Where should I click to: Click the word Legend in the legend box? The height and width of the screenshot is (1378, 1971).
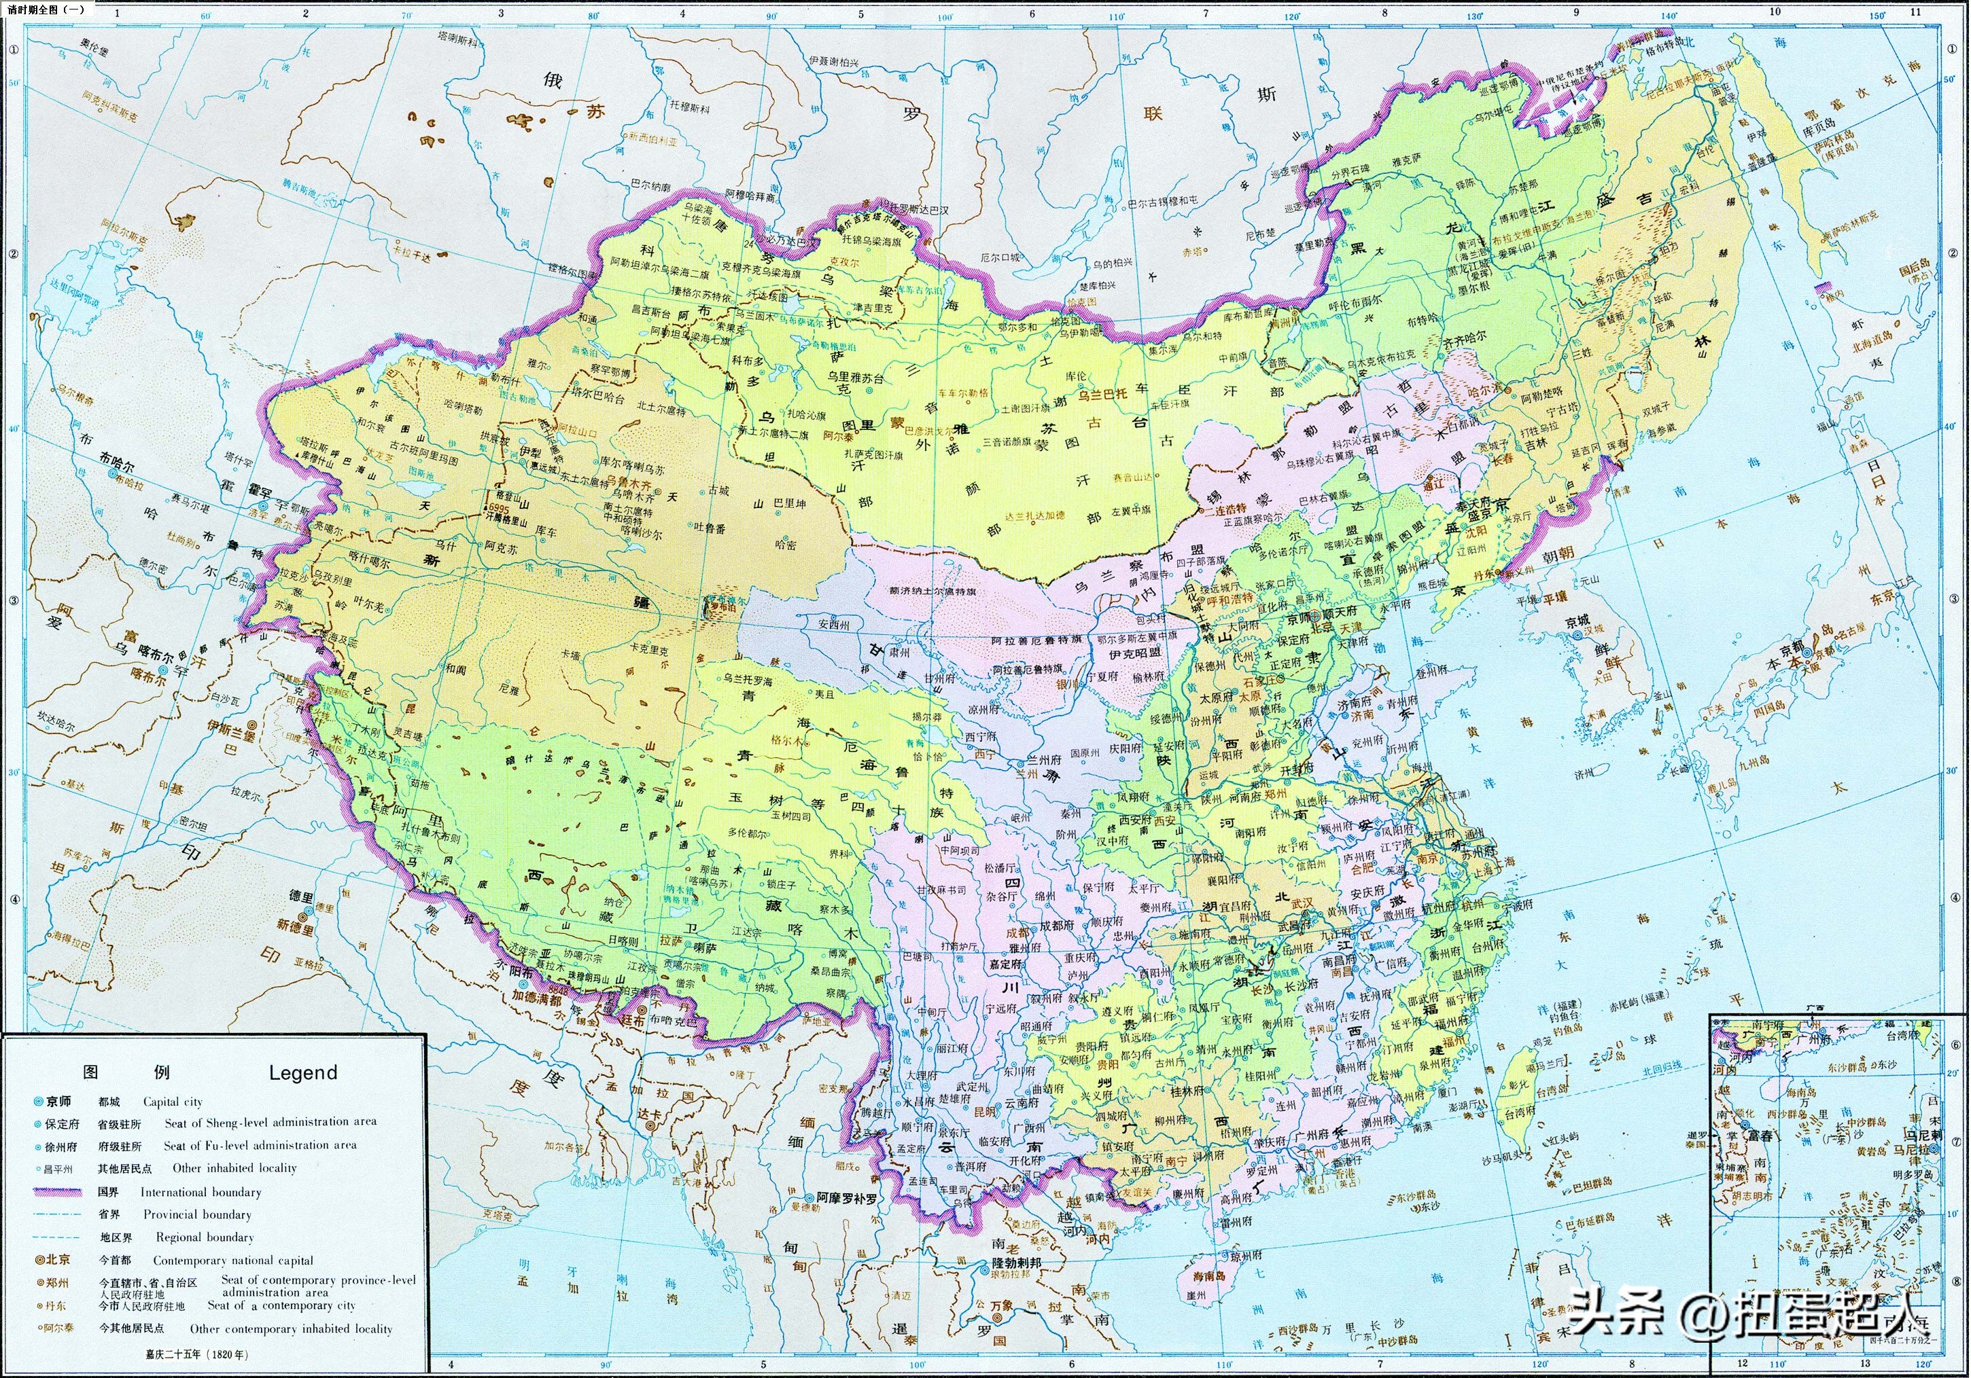click(303, 1072)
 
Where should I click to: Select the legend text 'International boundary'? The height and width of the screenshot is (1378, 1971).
click(201, 1192)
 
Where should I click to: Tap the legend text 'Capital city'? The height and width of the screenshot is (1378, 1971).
click(173, 1102)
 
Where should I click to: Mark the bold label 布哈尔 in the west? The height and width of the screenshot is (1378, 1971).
click(117, 458)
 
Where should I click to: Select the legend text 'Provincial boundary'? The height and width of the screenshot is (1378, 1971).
click(198, 1214)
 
